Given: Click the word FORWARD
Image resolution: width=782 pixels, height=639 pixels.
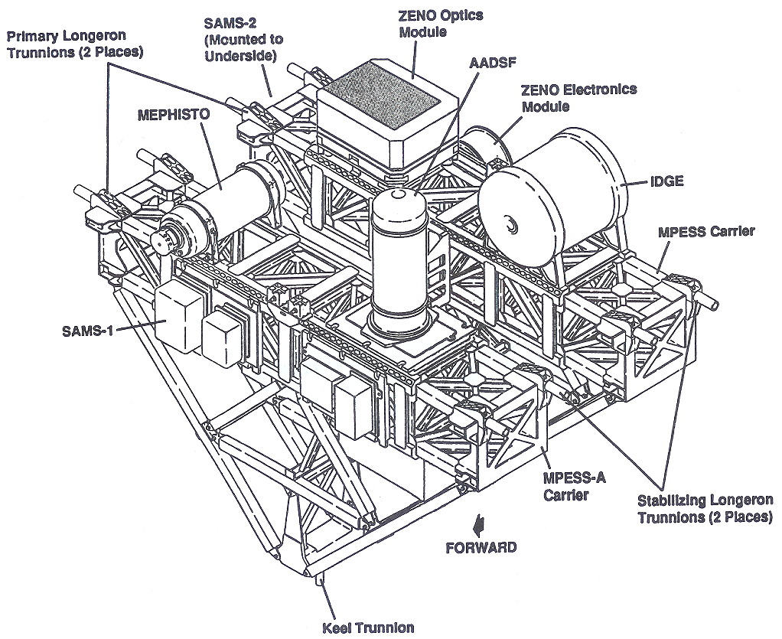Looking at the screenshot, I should (x=481, y=547).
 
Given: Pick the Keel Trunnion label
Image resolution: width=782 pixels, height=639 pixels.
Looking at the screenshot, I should (x=368, y=628).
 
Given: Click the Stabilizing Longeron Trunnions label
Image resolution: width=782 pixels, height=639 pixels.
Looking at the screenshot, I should (x=704, y=509).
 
